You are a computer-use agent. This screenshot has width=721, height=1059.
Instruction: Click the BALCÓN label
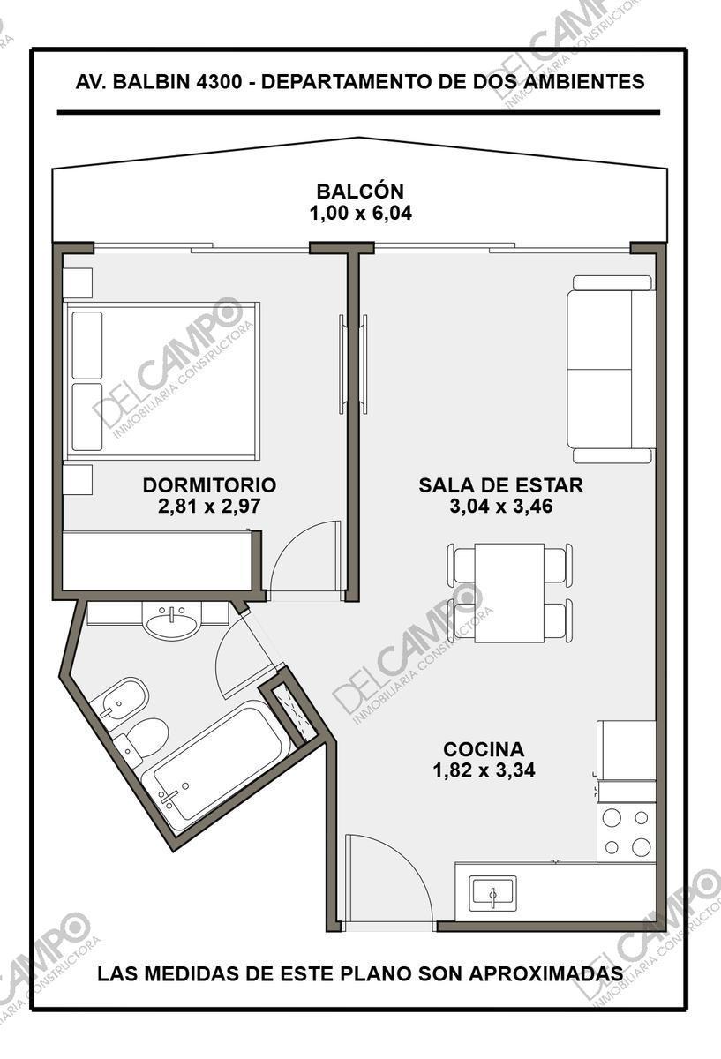tap(360, 191)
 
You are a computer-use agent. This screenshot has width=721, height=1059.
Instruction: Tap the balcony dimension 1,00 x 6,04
tap(360, 213)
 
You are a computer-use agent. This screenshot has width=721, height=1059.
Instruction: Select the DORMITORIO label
tap(209, 485)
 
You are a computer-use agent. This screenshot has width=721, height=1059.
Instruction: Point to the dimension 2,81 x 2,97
tap(209, 507)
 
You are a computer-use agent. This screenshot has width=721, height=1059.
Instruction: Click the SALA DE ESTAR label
tap(501, 485)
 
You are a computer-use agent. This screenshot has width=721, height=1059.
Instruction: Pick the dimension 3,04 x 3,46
tap(501, 507)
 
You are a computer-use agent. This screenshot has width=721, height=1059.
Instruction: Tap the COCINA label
tap(484, 749)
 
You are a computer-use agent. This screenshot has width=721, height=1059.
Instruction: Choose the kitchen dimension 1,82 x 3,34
tap(484, 770)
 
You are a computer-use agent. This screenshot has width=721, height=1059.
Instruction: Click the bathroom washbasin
tap(172, 620)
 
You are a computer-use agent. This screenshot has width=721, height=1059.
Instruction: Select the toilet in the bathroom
tap(142, 740)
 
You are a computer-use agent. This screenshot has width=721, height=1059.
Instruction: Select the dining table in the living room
tap(510, 593)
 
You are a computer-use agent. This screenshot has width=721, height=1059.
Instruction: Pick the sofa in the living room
tap(611, 369)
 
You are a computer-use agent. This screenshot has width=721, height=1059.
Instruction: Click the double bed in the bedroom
tap(161, 381)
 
